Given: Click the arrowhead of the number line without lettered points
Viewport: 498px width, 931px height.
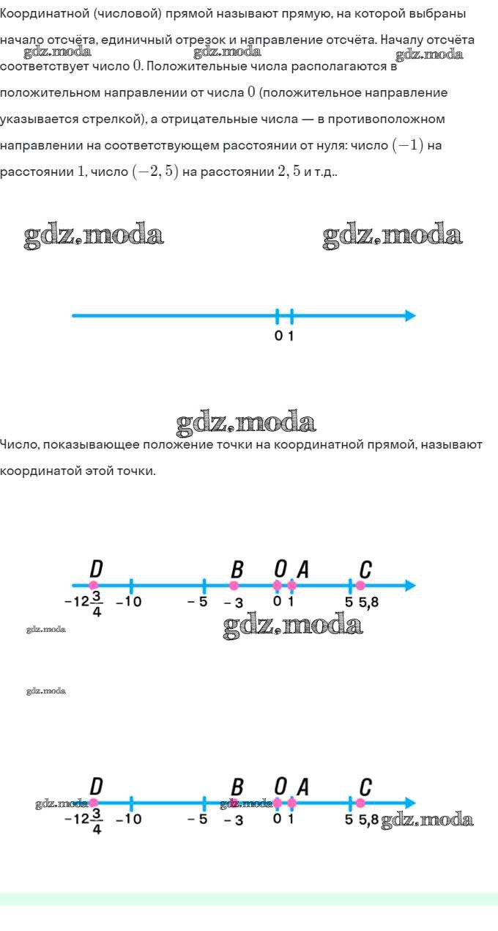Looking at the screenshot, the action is tap(410, 316).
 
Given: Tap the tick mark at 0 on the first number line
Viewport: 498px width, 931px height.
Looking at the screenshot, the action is tap(277, 316).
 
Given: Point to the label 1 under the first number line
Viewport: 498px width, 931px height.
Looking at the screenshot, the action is tap(291, 336).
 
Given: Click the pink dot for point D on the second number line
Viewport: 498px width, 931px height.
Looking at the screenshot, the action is tap(94, 585).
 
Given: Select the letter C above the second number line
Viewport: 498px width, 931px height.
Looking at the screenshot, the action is tap(365, 570).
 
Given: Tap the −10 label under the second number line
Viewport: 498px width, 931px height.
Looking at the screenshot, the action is tap(129, 601).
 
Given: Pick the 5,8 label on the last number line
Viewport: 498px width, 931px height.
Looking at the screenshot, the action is tap(369, 820).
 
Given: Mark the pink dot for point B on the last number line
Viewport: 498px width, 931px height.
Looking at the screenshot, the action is tap(234, 803).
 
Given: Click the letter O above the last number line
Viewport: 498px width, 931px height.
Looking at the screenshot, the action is tap(280, 787).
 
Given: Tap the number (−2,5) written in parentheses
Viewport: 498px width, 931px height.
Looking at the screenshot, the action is tap(155, 172).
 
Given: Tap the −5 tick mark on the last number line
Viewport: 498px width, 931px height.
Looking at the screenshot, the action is tap(204, 803).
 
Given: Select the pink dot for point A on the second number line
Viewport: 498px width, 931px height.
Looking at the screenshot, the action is tap(292, 585).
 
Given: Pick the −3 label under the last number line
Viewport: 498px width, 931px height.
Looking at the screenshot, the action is tap(234, 820).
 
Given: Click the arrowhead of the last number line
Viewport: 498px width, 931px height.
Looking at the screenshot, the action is tap(410, 803).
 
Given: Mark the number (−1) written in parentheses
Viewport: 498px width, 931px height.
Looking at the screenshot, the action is tap(408, 145).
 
